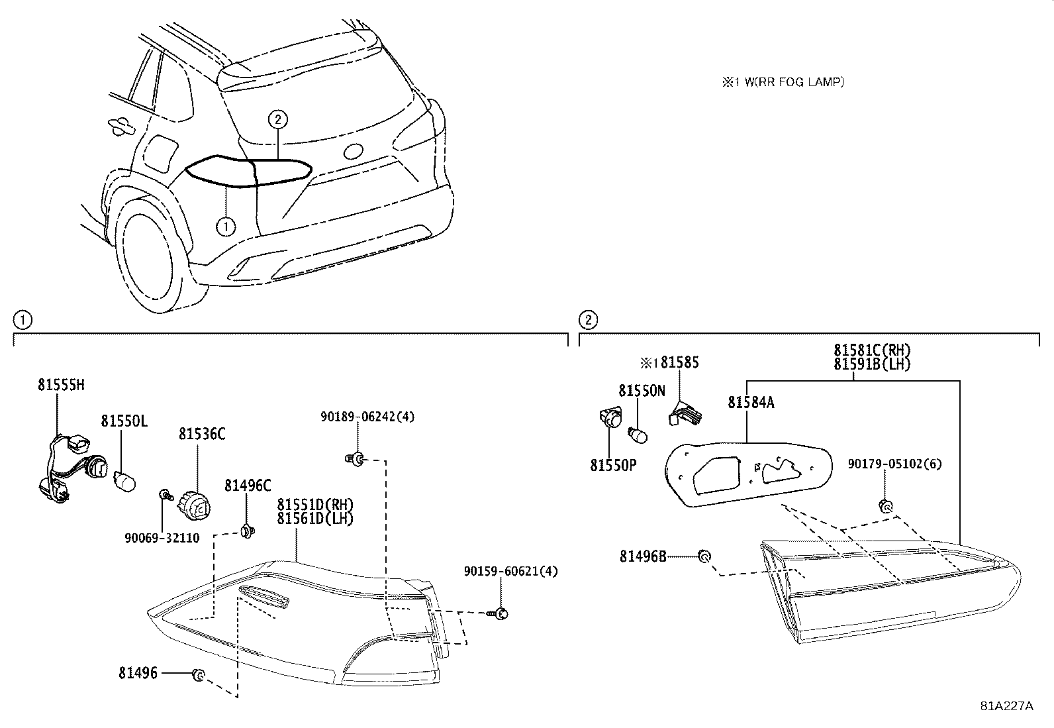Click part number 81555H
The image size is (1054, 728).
(61, 386)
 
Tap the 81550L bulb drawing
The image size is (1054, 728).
(124, 481)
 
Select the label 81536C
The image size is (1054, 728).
(201, 434)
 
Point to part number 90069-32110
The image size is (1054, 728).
(162, 539)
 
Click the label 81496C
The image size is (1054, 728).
(248, 486)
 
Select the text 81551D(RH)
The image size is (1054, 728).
(315, 505)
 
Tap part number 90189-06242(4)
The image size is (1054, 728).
(367, 417)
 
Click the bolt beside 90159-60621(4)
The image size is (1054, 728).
(501, 614)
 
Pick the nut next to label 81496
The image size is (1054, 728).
(197, 675)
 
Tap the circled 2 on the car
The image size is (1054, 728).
(278, 120)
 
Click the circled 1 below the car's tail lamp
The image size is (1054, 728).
(226, 227)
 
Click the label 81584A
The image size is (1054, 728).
(751, 402)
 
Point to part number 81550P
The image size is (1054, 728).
(613, 466)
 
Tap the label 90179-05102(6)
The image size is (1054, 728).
(894, 464)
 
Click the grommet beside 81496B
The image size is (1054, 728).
(705, 556)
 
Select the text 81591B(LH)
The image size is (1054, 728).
(872, 364)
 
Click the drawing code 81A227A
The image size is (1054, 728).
(1006, 705)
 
